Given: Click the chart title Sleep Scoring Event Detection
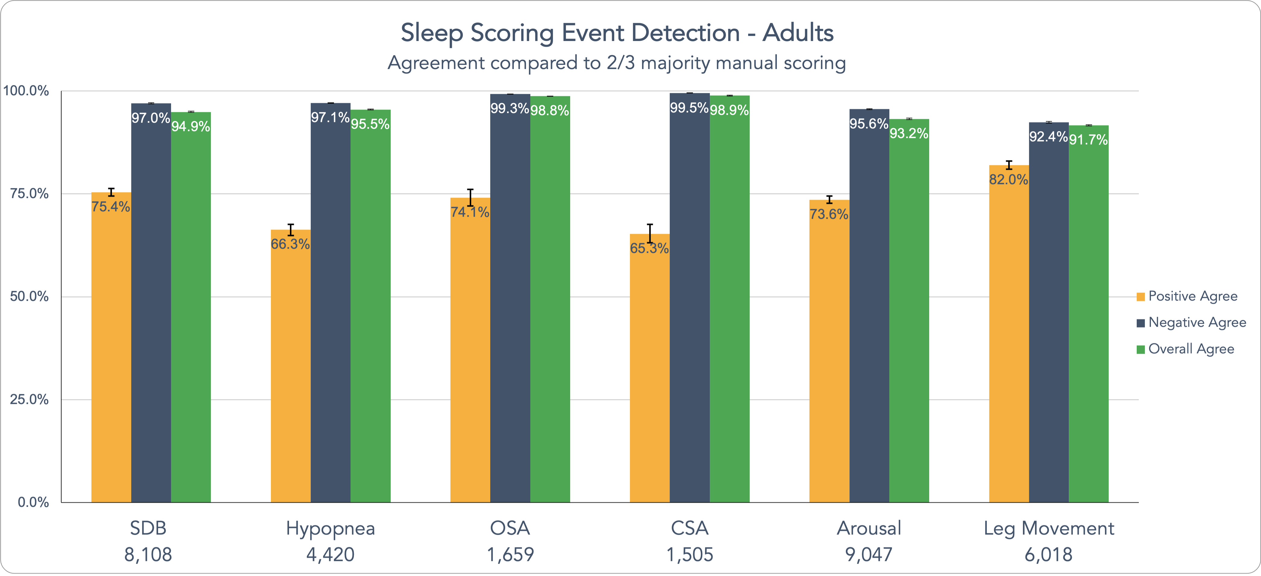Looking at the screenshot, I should [617, 33].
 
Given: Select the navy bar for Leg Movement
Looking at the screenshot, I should [1049, 313].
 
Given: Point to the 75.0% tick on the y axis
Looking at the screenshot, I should [29, 194].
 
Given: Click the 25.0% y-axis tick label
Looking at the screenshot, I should [29, 399].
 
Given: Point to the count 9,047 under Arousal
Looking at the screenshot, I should [869, 555].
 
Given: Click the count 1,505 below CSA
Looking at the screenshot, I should [690, 555].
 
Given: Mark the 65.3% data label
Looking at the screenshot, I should [650, 248].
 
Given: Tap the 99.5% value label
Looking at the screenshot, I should [689, 108].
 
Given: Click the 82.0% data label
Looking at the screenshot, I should [1008, 179].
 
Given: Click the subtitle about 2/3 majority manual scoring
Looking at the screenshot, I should [617, 63].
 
